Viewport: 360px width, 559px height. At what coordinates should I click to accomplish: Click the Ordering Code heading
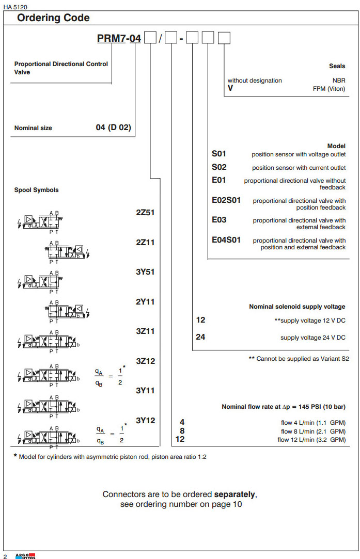(x=53, y=18)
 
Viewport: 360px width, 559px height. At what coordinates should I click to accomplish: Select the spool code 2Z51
(x=145, y=212)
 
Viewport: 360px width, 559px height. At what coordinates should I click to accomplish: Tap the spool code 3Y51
(x=145, y=272)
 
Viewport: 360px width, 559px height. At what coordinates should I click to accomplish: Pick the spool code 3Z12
(x=145, y=361)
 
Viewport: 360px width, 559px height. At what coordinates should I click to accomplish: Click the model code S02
(x=219, y=167)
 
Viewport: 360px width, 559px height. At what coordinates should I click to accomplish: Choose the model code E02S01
(x=226, y=200)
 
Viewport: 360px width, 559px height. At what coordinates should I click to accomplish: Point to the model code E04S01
(x=226, y=240)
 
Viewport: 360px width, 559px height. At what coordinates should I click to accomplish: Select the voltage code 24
(x=200, y=337)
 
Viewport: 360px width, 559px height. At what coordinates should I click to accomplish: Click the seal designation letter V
(x=230, y=88)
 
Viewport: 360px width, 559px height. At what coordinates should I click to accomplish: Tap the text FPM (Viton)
(x=329, y=88)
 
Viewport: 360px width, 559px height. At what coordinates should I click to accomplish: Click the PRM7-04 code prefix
(x=119, y=39)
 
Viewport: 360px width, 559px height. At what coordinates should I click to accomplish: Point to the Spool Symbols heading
(x=36, y=190)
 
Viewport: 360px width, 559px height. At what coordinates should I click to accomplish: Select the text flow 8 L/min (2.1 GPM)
(x=313, y=431)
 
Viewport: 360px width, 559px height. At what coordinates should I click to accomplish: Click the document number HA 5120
(x=15, y=7)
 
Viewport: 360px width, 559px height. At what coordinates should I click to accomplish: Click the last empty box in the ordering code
(x=224, y=39)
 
